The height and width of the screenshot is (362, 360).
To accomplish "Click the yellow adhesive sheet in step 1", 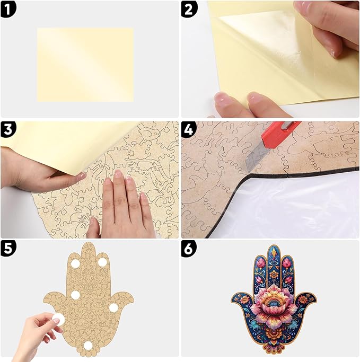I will (85, 64).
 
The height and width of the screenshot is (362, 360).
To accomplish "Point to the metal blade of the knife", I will (253, 159).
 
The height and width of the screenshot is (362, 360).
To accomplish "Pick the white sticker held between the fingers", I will (57, 320).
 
